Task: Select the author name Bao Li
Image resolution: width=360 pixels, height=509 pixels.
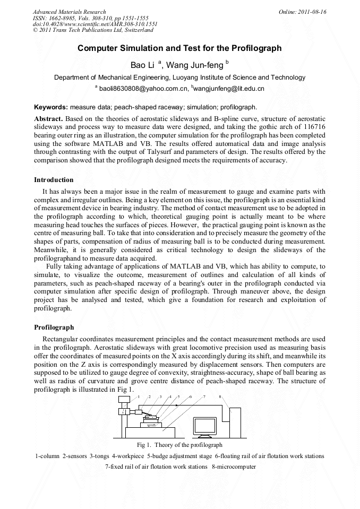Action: click(x=143, y=65)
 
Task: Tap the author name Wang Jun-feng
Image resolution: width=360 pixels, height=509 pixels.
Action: click(x=195, y=65)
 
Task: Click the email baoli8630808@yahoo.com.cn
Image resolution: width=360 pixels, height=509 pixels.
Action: click(x=144, y=89)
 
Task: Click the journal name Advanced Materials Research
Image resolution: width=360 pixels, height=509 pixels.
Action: click(x=70, y=12)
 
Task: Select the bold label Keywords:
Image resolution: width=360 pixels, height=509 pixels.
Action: click(x=51, y=107)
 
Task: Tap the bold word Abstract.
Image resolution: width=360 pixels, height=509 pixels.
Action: click(x=48, y=118)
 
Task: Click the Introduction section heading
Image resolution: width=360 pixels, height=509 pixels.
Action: click(x=54, y=180)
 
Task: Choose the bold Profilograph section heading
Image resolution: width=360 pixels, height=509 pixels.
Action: click(x=54, y=327)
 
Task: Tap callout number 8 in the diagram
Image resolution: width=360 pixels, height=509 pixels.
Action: click(x=220, y=397)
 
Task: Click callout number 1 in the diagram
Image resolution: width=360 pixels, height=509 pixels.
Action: click(x=139, y=397)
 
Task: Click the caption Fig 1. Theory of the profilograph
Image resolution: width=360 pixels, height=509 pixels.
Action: click(x=179, y=445)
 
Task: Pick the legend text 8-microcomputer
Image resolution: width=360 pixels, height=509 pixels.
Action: click(x=234, y=467)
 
